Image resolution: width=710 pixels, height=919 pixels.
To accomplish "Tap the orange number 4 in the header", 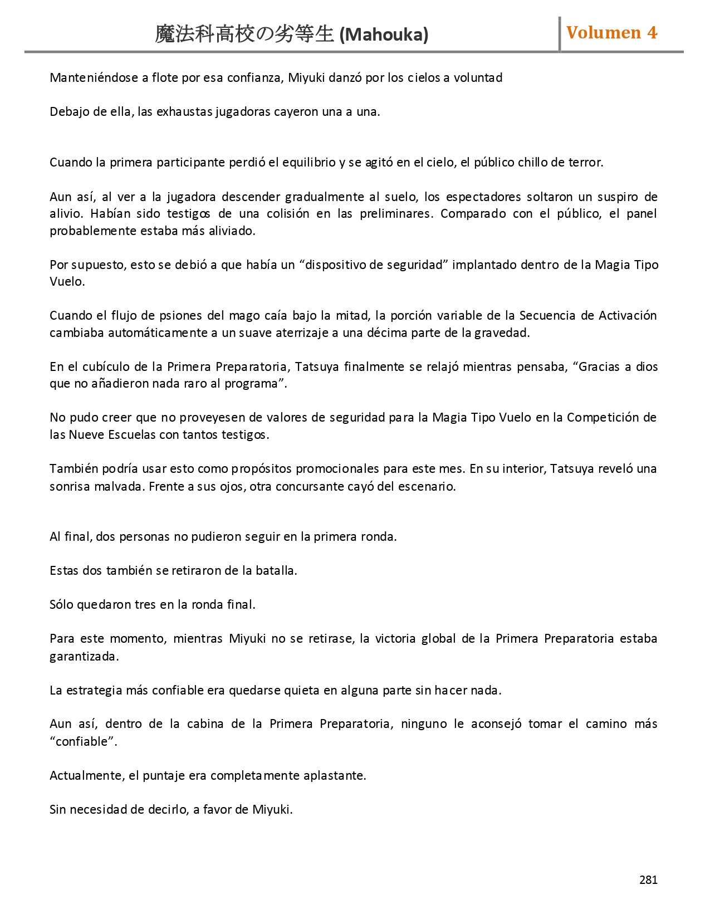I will point(652,33).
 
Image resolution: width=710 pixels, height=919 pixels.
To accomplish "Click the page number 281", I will point(648,880).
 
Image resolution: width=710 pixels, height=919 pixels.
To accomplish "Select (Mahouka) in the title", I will point(384,35).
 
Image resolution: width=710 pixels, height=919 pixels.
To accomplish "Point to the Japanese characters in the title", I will point(245,35).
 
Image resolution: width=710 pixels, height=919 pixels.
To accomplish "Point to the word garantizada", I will point(84,656).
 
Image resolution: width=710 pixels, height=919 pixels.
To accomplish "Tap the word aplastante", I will point(334,775).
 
